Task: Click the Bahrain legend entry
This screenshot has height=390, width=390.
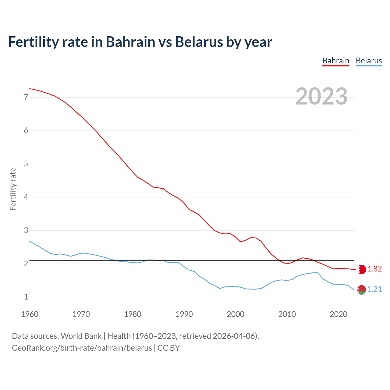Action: pyautogui.click(x=336, y=61)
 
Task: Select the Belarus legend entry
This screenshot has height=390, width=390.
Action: pyautogui.click(x=369, y=61)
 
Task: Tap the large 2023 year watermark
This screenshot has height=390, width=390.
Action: pyautogui.click(x=321, y=96)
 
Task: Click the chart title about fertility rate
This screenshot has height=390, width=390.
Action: pyautogui.click(x=140, y=42)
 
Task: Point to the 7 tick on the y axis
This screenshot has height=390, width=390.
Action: pyautogui.click(x=26, y=97)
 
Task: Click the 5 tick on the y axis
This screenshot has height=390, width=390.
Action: pyautogui.click(x=26, y=164)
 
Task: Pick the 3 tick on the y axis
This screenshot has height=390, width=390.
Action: pyautogui.click(x=26, y=231)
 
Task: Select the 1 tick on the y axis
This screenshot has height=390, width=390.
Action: pyautogui.click(x=26, y=297)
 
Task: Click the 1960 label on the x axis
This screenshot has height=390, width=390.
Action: pyautogui.click(x=30, y=314)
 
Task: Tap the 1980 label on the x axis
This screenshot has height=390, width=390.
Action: pyautogui.click(x=133, y=314)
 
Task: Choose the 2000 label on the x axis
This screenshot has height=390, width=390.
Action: pyautogui.click(x=236, y=314)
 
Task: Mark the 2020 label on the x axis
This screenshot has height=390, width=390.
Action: pyautogui.click(x=339, y=314)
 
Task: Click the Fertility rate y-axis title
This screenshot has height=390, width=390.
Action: pyautogui.click(x=13, y=189)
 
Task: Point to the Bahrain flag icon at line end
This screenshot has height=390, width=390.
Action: pyautogui.click(x=361, y=269)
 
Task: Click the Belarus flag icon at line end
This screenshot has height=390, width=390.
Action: pyautogui.click(x=361, y=290)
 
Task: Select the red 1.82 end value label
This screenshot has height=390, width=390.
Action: pyautogui.click(x=374, y=269)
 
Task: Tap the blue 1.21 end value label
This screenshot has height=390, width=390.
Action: pyautogui.click(x=374, y=289)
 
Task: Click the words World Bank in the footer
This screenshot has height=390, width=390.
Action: pyautogui.click(x=81, y=336)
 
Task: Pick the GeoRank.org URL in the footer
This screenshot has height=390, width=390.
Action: pyautogui.click(x=82, y=348)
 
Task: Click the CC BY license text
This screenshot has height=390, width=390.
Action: pyautogui.click(x=168, y=348)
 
